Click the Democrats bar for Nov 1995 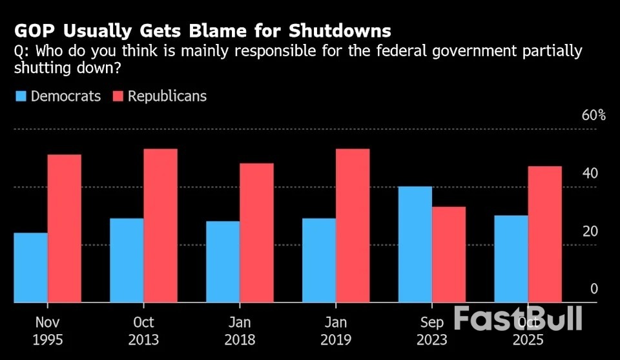30,267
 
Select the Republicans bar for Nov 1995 65,228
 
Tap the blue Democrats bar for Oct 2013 127,260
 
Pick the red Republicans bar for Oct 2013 160,225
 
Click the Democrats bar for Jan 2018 223,261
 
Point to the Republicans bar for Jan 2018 256,232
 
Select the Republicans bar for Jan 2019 353,225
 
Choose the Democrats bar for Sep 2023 415,244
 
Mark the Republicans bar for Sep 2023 449,254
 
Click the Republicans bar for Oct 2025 544,234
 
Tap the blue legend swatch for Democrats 21,96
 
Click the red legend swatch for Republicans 118,96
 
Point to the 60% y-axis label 594,116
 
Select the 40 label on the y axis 590,173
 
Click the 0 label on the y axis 594,289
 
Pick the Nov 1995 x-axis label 47,330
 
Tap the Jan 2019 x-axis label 336,330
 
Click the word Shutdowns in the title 340,31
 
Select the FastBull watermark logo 518,319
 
